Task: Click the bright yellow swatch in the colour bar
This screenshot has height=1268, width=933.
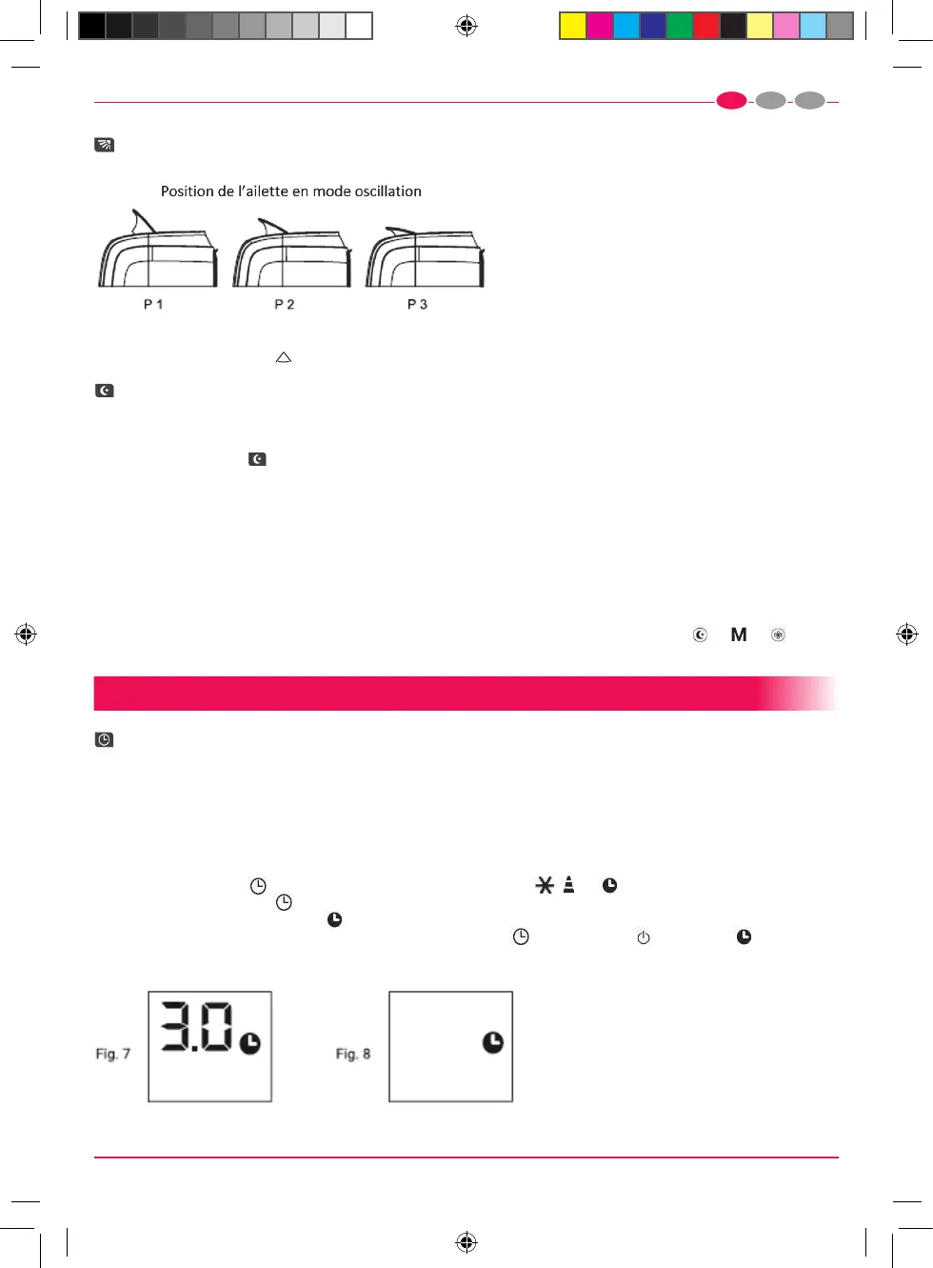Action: pos(572,26)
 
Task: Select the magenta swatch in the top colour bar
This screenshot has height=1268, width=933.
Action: pos(599,26)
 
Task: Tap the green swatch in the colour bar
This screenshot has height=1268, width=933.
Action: pos(680,26)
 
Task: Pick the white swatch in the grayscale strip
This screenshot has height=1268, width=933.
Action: pos(359,26)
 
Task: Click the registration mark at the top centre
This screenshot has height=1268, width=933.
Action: pos(466,26)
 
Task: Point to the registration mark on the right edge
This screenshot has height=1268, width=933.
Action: pos(907,634)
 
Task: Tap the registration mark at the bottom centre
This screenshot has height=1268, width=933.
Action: pos(466,1242)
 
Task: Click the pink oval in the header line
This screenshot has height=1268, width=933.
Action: pos(731,101)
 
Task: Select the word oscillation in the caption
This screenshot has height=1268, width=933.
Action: pos(388,191)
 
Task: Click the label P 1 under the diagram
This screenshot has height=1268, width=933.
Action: pos(152,305)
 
